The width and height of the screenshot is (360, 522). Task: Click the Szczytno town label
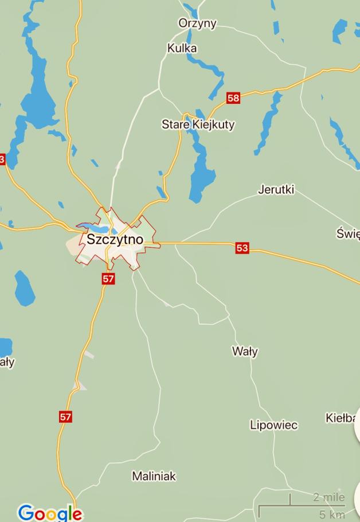[x=115, y=239]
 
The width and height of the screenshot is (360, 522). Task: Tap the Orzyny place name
[x=197, y=23]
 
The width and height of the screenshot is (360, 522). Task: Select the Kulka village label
[x=182, y=48]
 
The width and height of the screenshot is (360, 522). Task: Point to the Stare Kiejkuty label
[x=198, y=124]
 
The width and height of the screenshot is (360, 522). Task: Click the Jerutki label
[x=276, y=189]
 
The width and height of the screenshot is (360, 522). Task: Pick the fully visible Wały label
[x=245, y=351]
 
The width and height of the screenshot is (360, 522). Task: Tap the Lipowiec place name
[x=273, y=425]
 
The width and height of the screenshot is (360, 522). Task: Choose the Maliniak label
[x=154, y=476]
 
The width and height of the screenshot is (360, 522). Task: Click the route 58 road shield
[x=233, y=98]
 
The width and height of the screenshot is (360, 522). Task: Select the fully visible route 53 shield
[x=242, y=248]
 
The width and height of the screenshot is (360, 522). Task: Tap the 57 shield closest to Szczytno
[x=108, y=279]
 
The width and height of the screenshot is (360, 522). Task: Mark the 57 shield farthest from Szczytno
[x=66, y=417]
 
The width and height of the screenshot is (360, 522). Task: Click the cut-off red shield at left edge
[x=2, y=159]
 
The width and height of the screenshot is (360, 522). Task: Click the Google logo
[x=50, y=512]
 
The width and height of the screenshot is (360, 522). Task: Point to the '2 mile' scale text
[x=329, y=497]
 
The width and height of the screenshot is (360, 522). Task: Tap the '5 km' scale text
[x=332, y=514]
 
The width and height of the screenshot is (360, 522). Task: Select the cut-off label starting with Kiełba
[x=341, y=418]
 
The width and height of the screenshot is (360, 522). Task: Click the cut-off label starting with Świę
[x=348, y=233]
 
